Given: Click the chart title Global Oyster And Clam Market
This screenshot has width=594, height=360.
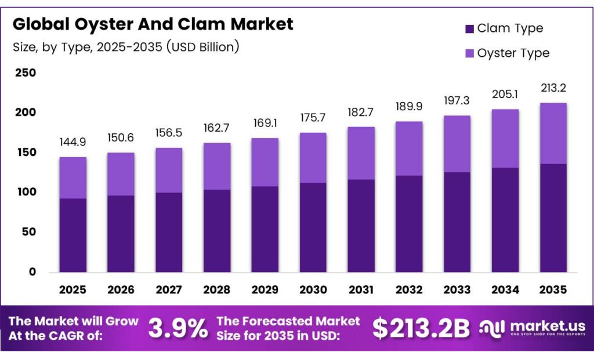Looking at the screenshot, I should (153, 24).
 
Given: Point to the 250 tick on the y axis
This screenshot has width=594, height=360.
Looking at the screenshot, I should (25, 73).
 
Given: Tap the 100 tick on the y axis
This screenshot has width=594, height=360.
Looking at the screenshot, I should (25, 192).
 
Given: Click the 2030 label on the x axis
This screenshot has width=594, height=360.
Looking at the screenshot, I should (313, 289).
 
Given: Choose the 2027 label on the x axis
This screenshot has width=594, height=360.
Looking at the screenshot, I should (169, 289).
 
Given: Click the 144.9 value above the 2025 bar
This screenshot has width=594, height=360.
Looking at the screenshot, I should (73, 143).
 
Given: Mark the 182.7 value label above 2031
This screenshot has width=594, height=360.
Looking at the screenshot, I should (361, 112).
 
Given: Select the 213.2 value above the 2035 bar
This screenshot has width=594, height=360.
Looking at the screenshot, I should (553, 88).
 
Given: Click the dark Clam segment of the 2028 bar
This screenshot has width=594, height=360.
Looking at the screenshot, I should (217, 231).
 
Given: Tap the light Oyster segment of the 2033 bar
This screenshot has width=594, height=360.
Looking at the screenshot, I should (457, 144).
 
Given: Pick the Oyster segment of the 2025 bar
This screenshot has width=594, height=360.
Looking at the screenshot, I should (73, 177).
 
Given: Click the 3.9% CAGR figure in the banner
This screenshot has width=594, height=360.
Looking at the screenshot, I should (178, 329).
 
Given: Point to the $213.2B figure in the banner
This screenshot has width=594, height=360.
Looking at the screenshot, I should (421, 329).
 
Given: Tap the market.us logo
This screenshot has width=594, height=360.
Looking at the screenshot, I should (531, 329).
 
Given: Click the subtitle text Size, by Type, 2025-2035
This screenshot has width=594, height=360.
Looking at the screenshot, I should (126, 47).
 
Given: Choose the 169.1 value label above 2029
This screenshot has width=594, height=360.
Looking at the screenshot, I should (265, 123).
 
